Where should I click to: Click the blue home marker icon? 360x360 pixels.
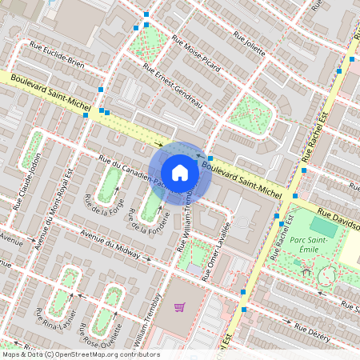pos(180,173)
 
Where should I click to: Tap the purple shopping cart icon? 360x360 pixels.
pos(180,306)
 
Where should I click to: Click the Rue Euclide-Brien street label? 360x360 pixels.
pos(55,54)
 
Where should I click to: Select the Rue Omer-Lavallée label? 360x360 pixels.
pos(216,252)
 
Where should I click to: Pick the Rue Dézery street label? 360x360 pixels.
pos(312,333)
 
